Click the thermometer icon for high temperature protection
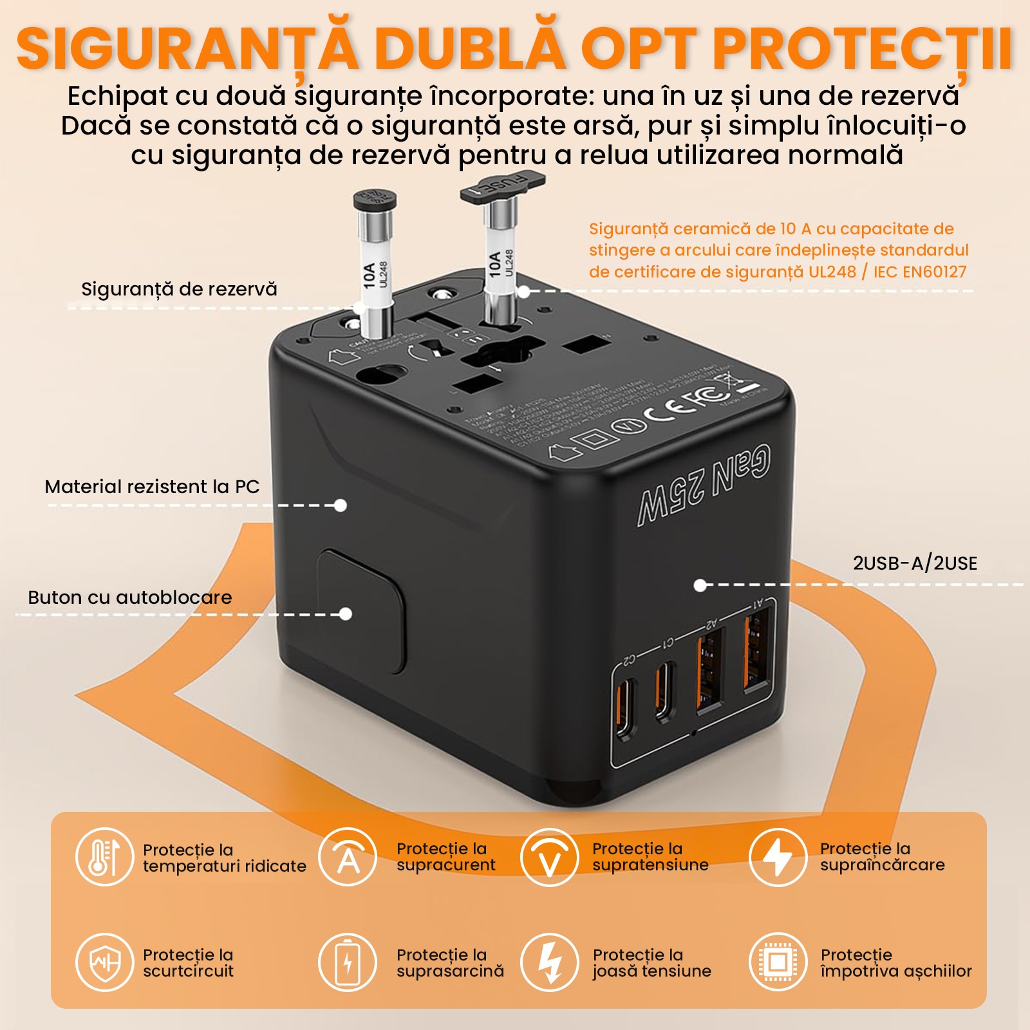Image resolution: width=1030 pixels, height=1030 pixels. (x=104, y=857)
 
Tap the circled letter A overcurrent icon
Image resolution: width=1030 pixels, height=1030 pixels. (x=348, y=857)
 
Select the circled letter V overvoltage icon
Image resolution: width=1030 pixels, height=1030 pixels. (x=549, y=857)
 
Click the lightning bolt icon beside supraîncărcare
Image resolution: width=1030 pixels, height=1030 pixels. (x=778, y=857)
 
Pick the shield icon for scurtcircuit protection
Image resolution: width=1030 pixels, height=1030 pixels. (x=104, y=962)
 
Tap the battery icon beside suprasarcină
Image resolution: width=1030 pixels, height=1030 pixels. (x=348, y=962)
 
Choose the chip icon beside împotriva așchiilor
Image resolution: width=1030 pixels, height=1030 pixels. (x=778, y=962)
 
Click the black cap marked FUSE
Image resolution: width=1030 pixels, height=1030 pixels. (x=503, y=187)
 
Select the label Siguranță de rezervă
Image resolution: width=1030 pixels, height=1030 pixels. (x=179, y=289)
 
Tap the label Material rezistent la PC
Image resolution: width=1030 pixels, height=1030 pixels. (x=152, y=487)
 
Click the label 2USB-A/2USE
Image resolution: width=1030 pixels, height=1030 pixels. (x=915, y=563)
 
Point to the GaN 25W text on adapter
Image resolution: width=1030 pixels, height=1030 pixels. (x=705, y=484)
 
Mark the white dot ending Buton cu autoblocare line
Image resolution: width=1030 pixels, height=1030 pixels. (x=346, y=614)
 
